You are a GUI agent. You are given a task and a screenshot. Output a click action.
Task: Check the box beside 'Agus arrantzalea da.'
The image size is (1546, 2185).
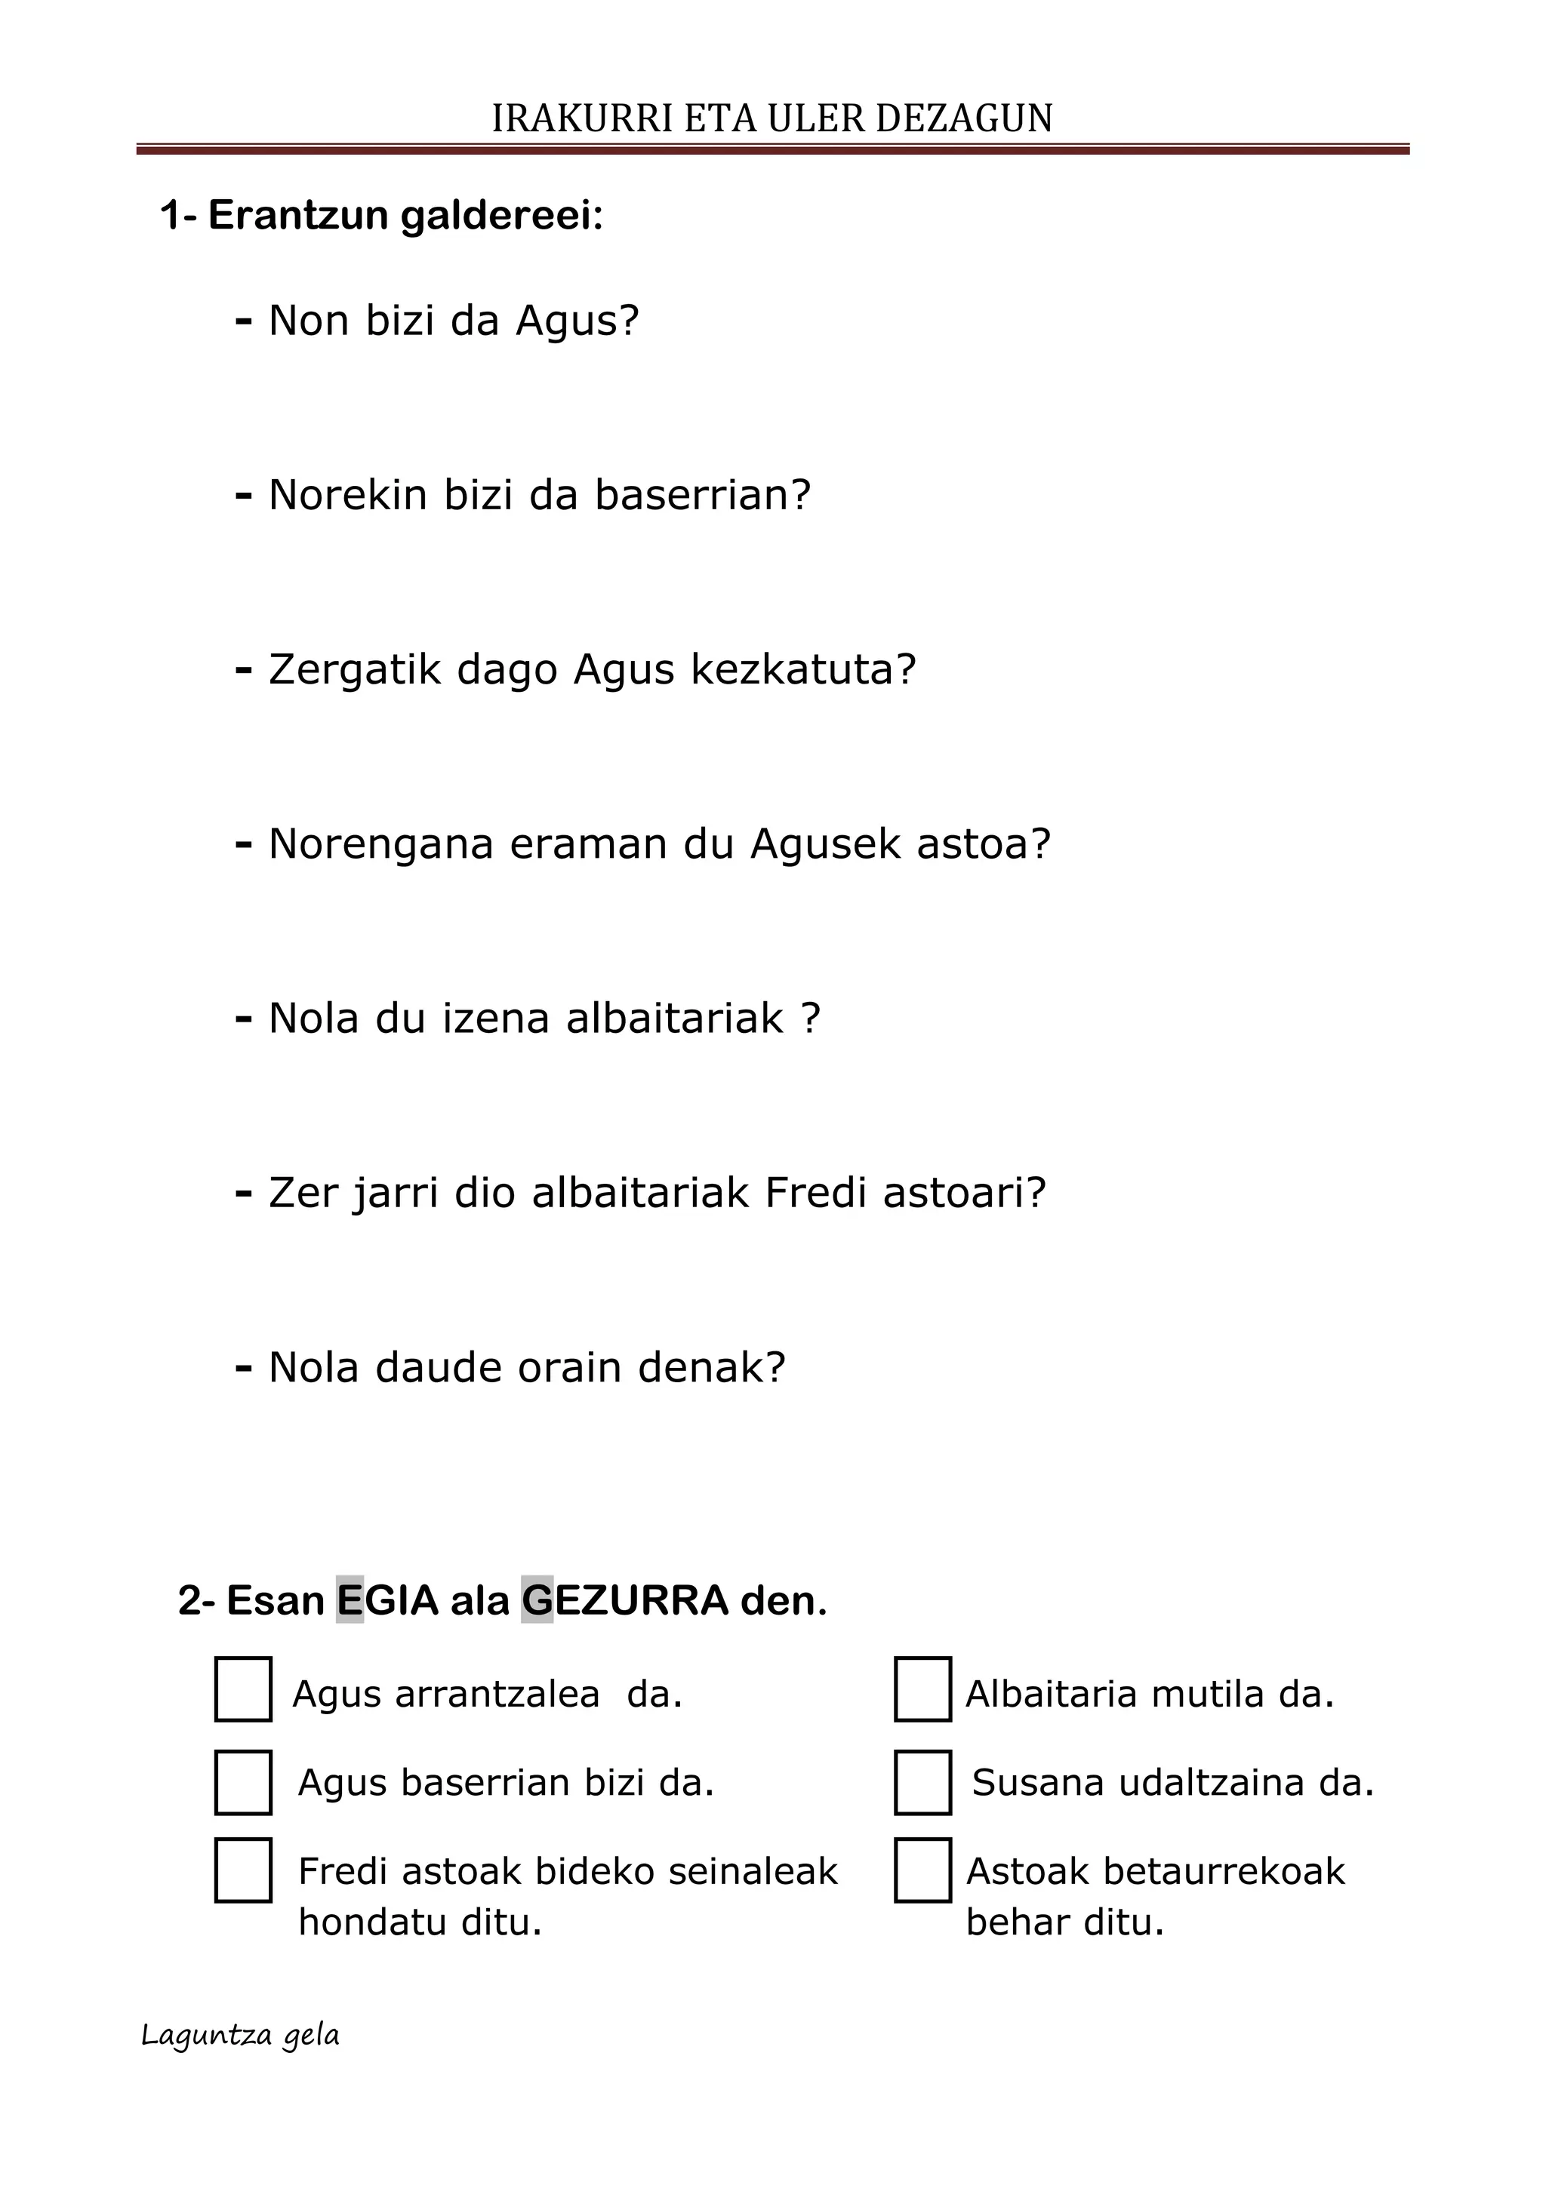coord(243,1689)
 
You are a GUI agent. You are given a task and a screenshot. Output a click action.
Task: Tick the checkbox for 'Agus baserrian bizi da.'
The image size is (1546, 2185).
coord(243,1781)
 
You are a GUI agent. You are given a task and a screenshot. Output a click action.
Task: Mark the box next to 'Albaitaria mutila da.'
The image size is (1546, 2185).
coord(922,1689)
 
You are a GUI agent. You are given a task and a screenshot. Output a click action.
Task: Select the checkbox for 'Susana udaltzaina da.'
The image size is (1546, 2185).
coord(922,1781)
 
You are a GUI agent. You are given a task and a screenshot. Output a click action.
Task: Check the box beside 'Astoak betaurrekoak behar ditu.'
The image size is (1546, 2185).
coord(922,1870)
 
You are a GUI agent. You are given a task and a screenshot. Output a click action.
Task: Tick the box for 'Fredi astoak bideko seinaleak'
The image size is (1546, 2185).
coord(243,1870)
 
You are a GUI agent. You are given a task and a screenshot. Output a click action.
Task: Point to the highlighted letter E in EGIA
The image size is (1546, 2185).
coord(350,1601)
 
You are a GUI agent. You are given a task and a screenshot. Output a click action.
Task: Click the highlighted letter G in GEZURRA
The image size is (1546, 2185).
coord(537,1601)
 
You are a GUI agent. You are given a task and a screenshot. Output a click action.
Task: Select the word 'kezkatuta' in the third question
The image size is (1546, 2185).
coord(792,669)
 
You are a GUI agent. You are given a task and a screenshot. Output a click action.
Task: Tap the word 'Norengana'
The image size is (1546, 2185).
coord(380,844)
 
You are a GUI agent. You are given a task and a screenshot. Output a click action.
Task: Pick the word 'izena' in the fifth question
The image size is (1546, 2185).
coord(496,1019)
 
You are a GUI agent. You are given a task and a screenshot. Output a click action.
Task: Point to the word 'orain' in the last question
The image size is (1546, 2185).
coord(569,1368)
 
